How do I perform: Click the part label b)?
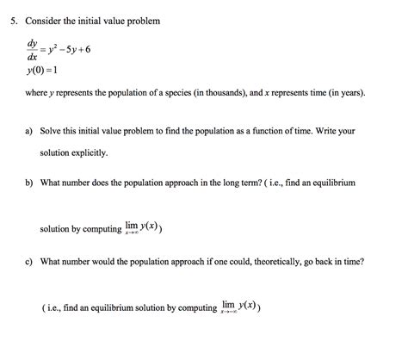coord(29,183)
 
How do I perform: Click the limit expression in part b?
coord(142,228)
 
